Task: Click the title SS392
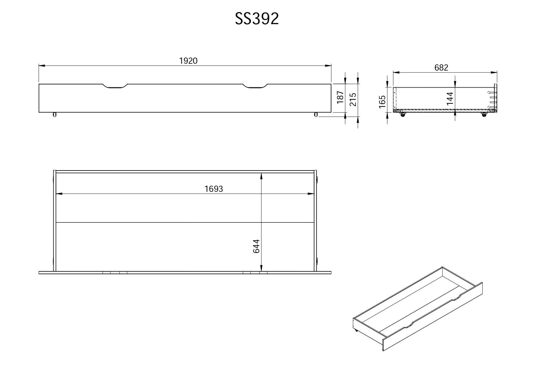[257, 19]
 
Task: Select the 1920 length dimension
[188, 61]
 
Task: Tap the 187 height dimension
[340, 97]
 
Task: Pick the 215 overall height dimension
[353, 99]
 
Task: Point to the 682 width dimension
[441, 67]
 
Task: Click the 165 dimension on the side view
[382, 102]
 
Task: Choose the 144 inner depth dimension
[450, 98]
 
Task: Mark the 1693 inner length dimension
[213, 189]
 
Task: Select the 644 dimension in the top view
[256, 246]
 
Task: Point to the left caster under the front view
[54, 115]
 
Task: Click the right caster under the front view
[316, 115]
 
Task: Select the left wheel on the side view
[403, 115]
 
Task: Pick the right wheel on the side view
[484, 115]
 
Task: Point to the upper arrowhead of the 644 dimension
[261, 176]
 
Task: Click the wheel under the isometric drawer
[356, 330]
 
